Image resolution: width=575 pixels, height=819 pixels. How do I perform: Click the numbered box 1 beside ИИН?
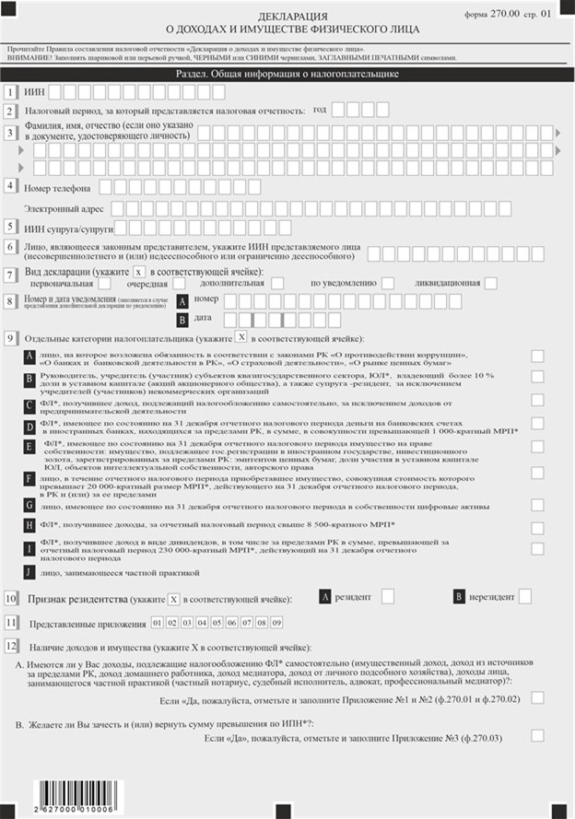click(x=10, y=91)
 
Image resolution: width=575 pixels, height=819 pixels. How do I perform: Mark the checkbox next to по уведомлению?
click(x=388, y=282)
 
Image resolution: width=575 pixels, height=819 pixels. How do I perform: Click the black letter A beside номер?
click(x=182, y=300)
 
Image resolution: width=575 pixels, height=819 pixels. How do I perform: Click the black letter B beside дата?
click(x=182, y=319)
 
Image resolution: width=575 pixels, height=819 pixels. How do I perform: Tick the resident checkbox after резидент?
click(x=388, y=596)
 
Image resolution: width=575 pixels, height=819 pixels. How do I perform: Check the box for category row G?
click(x=537, y=505)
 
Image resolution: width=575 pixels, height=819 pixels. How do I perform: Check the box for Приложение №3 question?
click(x=537, y=734)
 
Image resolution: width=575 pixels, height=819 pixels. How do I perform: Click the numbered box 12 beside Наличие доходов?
click(x=11, y=645)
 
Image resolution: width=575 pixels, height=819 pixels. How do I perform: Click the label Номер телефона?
click(x=56, y=187)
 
